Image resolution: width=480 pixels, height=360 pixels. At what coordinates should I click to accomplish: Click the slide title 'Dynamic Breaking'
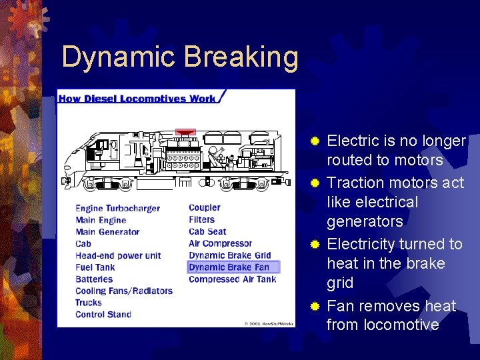point(180,58)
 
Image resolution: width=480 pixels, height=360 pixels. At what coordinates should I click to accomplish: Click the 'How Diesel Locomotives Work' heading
point(137,99)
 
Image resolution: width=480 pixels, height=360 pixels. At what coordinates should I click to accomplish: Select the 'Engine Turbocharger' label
point(117,208)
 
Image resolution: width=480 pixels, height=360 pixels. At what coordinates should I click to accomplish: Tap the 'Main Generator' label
point(107,232)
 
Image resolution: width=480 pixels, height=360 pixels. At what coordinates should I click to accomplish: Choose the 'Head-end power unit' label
point(118,255)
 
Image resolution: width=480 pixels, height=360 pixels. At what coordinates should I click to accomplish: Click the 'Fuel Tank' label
point(95,267)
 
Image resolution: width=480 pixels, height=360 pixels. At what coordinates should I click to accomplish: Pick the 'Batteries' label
point(94,279)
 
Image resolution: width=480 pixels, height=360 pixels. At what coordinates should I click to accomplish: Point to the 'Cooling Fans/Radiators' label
point(123,291)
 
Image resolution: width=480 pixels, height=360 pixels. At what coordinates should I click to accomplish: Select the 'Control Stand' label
point(103,315)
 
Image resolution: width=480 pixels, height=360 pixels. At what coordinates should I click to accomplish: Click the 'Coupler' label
point(204,208)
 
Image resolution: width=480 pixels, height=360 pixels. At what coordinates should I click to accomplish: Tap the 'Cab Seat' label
point(207,232)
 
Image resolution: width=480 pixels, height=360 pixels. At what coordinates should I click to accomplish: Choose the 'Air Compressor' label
point(220,244)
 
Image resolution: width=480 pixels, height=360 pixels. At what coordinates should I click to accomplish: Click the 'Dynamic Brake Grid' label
point(229,255)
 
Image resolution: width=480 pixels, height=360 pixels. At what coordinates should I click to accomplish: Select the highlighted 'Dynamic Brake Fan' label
point(229,267)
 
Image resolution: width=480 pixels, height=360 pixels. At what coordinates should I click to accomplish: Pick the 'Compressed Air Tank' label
point(232,279)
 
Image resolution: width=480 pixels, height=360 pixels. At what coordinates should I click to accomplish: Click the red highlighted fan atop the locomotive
point(185,131)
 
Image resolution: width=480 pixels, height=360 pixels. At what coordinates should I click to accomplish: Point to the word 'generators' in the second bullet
point(365,221)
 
